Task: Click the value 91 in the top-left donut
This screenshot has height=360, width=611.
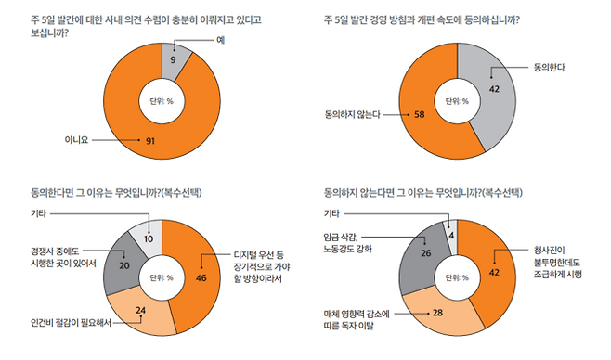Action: click(x=149, y=141)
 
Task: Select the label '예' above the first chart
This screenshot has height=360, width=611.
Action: click(x=221, y=40)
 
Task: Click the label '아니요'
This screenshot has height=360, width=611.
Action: click(x=75, y=141)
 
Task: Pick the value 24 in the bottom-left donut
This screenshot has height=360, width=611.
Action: click(x=142, y=310)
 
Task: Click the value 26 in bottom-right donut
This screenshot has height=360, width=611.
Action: click(x=426, y=251)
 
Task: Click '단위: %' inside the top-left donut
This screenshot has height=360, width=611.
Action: click(x=163, y=100)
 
